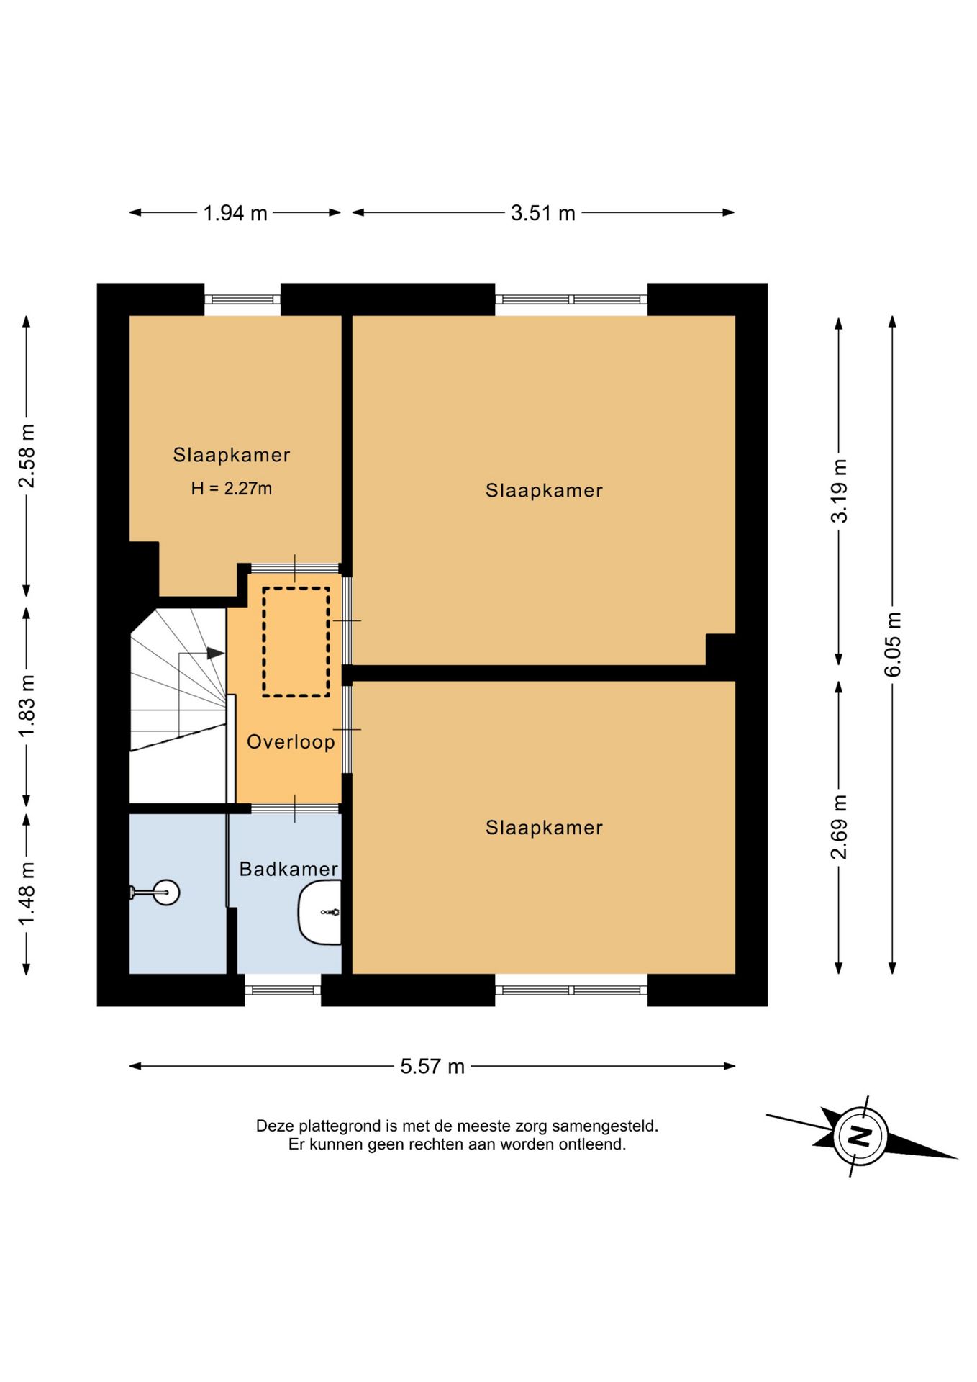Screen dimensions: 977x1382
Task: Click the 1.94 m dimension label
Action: tap(235, 213)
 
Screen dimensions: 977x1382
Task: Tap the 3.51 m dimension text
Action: tap(543, 213)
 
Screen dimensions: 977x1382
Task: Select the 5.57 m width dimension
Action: tap(432, 1066)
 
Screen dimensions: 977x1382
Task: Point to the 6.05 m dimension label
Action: tap(892, 644)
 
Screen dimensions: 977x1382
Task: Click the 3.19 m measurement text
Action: tap(839, 491)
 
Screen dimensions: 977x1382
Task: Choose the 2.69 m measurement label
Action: tap(839, 827)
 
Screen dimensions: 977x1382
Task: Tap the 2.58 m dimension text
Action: tap(27, 456)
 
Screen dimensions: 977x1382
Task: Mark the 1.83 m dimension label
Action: tap(27, 705)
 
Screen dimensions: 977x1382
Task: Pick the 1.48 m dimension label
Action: tap(27, 894)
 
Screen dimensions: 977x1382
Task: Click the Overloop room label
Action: tap(291, 742)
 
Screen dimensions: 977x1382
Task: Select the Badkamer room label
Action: tap(288, 869)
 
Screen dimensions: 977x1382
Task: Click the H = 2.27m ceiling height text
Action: tap(232, 489)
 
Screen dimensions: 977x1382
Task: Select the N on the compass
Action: tap(860, 1137)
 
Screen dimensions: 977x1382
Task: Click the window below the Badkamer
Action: tap(283, 990)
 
